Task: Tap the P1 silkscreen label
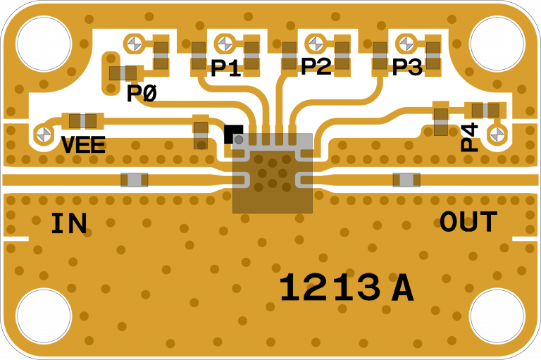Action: (225, 68)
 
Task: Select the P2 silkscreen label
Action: (316, 67)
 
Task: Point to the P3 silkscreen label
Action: (406, 68)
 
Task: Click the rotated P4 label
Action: (469, 137)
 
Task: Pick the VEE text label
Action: (83, 145)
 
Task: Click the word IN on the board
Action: (68, 224)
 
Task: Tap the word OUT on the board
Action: (468, 223)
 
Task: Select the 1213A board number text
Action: (345, 288)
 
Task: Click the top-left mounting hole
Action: (44, 44)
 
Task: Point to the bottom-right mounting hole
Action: (497, 316)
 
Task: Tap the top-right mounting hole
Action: (497, 44)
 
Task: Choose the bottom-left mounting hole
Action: (44, 316)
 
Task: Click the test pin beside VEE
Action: (44, 133)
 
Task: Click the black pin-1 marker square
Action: (233, 133)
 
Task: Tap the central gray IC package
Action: (273, 173)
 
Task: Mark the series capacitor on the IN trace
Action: (134, 180)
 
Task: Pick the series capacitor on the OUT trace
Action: (406, 180)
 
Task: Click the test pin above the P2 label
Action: (316, 44)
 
